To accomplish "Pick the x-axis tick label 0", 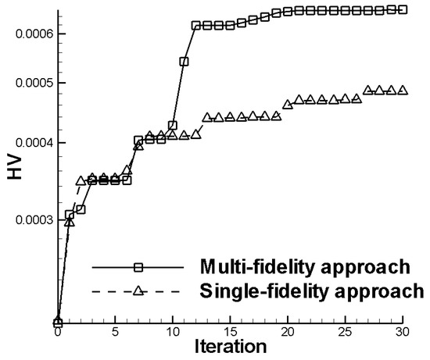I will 58,332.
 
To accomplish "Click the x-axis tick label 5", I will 115,332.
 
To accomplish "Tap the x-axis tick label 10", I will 173,332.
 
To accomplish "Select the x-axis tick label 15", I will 230,332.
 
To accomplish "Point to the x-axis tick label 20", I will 288,332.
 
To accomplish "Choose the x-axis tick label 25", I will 345,332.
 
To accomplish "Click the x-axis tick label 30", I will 403,332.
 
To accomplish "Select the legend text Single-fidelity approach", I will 310,291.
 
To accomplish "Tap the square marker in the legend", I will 138,267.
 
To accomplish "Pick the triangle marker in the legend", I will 138,291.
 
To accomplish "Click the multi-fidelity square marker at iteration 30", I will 403,9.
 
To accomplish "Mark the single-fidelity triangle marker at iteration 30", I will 403,91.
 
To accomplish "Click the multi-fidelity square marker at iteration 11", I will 184,61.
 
